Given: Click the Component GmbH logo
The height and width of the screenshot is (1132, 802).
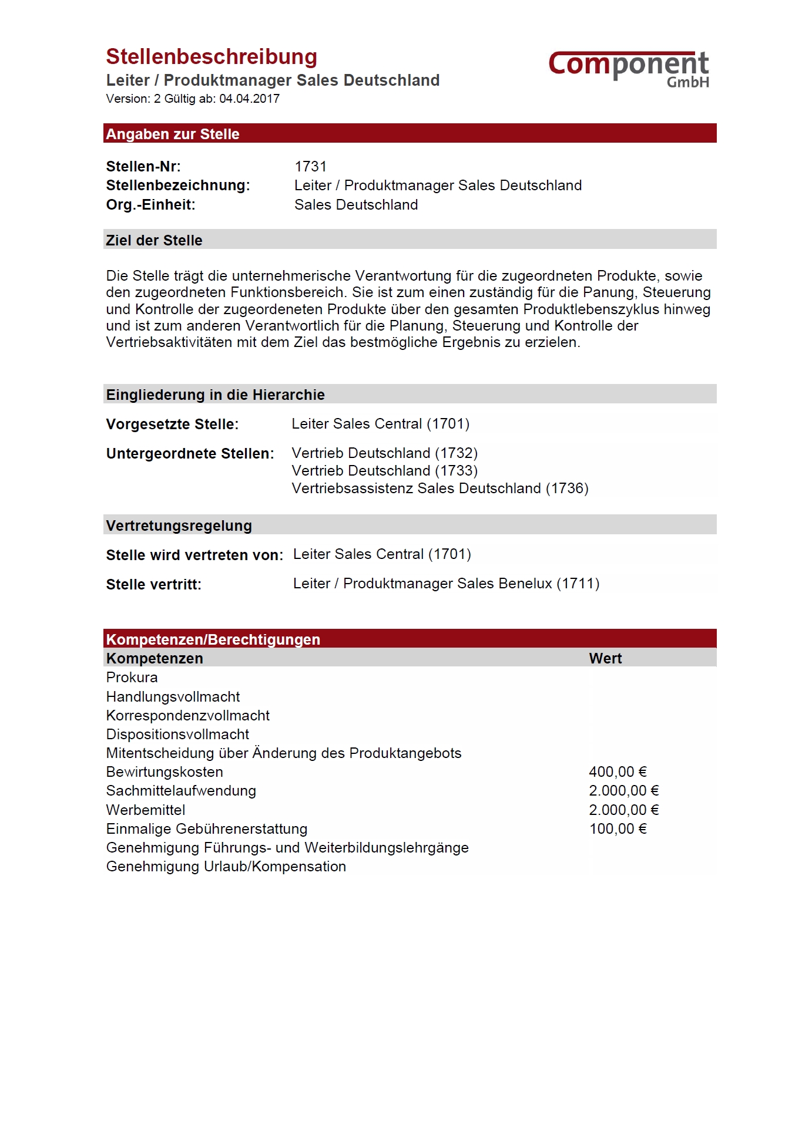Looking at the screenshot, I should coord(629,69).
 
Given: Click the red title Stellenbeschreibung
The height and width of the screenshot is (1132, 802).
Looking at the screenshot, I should coord(212,57).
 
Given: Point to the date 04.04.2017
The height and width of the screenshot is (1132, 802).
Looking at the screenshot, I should coord(249,99).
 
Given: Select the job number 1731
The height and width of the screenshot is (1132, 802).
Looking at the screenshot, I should coord(310,167).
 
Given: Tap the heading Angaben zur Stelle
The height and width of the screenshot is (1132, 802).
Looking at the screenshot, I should coord(173,134).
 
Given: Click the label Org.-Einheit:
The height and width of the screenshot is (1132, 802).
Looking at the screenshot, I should coord(150,205).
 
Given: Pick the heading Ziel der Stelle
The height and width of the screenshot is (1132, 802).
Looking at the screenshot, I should coord(154,240).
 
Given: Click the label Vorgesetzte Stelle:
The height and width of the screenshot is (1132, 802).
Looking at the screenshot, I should coord(172,424).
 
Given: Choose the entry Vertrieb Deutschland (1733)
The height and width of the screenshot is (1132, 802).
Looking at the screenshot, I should coord(384,471).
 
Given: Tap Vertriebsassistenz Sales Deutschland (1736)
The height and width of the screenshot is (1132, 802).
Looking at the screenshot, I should coord(439,488).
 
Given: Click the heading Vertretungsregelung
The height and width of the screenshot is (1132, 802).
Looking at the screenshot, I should coord(179,525).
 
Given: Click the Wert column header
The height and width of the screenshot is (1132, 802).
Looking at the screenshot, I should coord(605,659).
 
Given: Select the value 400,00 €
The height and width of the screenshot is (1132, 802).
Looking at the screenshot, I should coord(618,772).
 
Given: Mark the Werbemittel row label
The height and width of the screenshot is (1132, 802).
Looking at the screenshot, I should coord(146,810).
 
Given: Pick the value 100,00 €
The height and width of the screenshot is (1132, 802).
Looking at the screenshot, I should coord(618,829).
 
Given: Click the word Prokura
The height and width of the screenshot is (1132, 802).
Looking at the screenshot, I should coord(132,678).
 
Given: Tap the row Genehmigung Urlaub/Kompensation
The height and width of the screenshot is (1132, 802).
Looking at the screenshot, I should coord(226,867).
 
